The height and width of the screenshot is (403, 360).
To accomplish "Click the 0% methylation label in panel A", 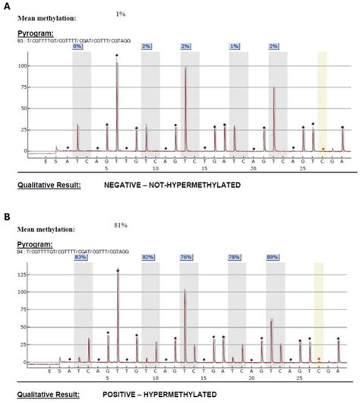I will click(x=77, y=46).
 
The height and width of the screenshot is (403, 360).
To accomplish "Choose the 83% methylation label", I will click(x=80, y=258).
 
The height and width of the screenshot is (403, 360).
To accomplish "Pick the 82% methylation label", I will click(x=148, y=258).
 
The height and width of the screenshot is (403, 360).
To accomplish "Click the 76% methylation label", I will click(x=186, y=258).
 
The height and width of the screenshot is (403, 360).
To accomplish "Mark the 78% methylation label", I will click(x=235, y=258).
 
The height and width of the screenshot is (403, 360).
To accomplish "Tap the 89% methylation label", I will click(x=273, y=258).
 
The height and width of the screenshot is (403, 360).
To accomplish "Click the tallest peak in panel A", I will click(x=117, y=65).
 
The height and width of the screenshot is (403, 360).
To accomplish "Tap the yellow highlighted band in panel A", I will click(x=321, y=103).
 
